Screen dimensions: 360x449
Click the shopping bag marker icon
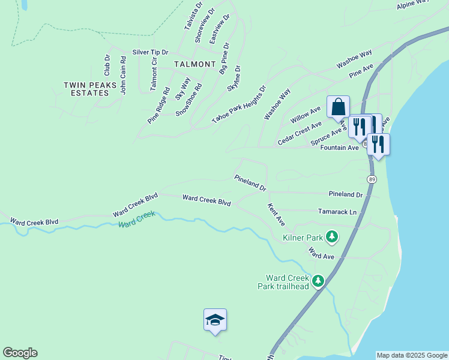[x=338, y=107]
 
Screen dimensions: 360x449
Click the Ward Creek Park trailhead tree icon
[x=318, y=280]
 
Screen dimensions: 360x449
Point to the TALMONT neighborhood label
[x=194, y=64]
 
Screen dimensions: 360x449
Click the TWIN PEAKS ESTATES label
[x=90, y=89]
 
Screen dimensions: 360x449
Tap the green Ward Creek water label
[x=137, y=220]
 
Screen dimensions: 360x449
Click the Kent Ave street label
[x=276, y=214]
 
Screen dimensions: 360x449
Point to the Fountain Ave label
[x=340, y=148]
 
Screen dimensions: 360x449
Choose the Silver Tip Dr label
[x=151, y=52]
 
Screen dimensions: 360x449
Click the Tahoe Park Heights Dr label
[x=238, y=105]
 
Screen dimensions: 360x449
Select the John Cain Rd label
[x=122, y=75]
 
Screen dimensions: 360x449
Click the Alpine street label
[x=413, y=5]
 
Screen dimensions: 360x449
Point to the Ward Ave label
[x=321, y=253]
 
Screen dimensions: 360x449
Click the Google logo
[x=20, y=353]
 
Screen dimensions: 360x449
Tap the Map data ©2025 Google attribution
[x=412, y=355]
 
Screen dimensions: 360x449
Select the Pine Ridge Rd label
[x=158, y=106]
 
